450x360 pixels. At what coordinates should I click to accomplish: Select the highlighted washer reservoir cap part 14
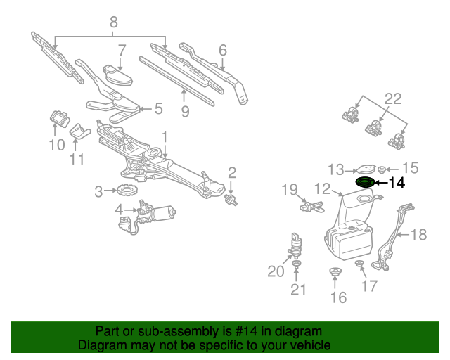pos(366,183)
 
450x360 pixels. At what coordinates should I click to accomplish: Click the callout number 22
pos(392,98)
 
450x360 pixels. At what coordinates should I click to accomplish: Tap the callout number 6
pos(222,50)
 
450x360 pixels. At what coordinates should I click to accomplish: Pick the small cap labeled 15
pos(381,169)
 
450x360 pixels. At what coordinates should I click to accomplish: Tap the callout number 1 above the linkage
pos(164,136)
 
